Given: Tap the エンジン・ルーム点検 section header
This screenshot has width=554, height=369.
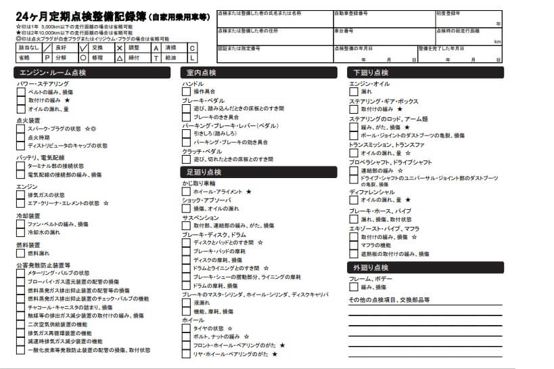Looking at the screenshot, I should pos(53,72).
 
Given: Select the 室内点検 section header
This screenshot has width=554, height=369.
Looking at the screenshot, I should pos(201,72).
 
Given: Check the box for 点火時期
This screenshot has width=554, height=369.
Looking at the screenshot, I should pos(21,137).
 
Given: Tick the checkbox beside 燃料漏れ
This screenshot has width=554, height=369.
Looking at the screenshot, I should pos(21,253).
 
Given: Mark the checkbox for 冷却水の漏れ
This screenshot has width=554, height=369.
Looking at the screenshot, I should pos(21,232).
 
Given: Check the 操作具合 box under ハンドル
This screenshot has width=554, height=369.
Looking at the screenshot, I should pos(186,91).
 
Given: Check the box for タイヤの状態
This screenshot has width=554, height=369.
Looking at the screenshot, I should pos(186,328).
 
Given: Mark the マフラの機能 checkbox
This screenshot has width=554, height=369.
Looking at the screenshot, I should pos(354,246).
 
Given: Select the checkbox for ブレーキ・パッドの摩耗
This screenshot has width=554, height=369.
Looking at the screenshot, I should pos(186,251).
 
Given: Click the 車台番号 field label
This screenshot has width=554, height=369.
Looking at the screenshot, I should pos(344,31).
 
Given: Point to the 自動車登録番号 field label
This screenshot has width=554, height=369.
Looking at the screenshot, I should pos(351,13).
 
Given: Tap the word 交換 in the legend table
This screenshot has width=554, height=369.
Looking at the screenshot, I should pos(97,48).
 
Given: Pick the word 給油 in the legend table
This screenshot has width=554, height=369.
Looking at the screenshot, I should pos(170,58).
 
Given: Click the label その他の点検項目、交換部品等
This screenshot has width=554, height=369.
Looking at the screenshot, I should pos(389,299).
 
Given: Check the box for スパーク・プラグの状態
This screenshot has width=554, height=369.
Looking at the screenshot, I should pos(21,129).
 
